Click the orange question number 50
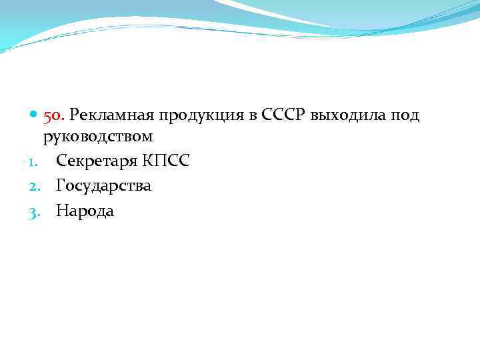(x=54, y=116)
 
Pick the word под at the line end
(x=405, y=117)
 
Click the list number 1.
(x=31, y=161)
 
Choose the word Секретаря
(x=97, y=161)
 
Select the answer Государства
(x=103, y=186)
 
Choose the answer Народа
(x=85, y=211)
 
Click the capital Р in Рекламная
(x=73, y=116)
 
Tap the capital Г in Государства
(x=60, y=185)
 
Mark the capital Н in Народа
(x=61, y=211)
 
